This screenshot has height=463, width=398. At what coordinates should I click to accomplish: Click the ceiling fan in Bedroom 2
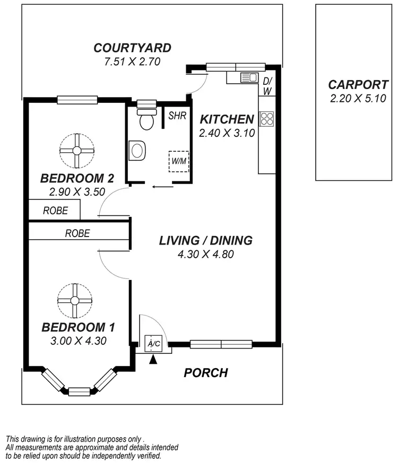point(77,151)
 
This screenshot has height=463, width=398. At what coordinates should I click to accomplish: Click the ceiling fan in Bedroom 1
point(75,301)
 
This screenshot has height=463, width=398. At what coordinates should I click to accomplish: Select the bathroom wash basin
point(137,151)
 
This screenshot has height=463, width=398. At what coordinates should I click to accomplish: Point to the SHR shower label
point(177,116)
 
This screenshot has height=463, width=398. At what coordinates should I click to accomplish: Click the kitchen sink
point(248,78)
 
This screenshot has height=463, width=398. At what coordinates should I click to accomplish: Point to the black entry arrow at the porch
point(154,360)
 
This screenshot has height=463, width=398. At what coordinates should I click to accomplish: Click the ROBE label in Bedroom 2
point(55,211)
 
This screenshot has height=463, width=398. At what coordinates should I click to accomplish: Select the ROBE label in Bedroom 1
point(77,233)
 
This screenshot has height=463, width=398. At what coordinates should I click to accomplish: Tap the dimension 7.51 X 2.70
point(132,62)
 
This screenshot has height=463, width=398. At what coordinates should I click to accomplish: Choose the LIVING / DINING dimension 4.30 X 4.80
point(206,254)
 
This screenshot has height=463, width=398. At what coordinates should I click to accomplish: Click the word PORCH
point(206,373)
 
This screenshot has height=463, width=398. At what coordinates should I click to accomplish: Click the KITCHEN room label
point(227,119)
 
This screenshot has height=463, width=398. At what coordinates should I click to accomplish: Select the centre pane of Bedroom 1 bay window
point(80,391)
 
